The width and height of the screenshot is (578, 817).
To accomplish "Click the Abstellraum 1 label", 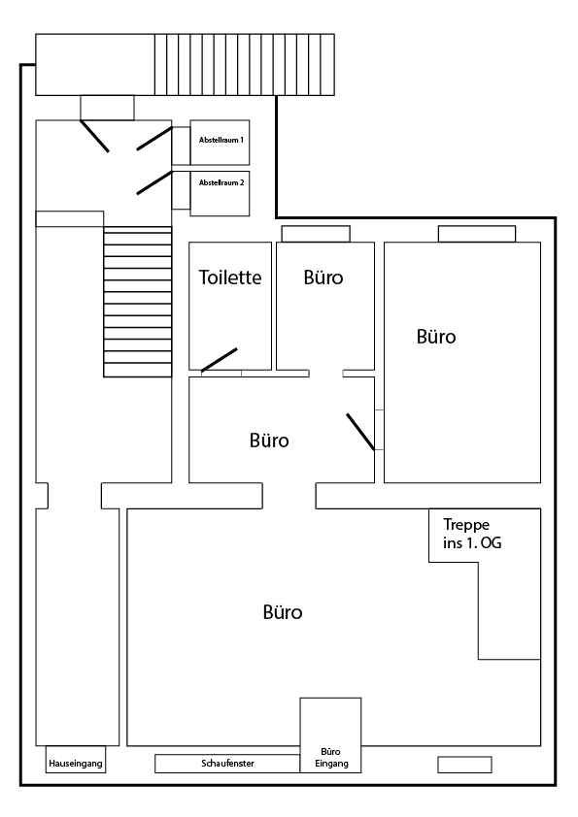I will tap(221, 141).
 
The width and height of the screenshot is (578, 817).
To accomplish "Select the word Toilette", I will tap(230, 278).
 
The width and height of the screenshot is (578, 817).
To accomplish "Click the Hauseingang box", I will tap(75, 764).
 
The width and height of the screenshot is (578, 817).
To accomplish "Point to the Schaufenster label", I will tap(227, 764).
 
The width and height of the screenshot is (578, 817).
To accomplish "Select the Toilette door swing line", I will tap(220, 359).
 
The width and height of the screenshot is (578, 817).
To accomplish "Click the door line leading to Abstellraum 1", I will tap(154, 139).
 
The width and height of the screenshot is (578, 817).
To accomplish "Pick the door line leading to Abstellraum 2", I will tap(154, 181).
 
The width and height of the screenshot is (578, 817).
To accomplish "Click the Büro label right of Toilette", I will tap(323, 278).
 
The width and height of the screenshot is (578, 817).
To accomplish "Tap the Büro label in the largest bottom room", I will tap(283, 613).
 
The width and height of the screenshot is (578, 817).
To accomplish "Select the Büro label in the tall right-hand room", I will tap(436, 338).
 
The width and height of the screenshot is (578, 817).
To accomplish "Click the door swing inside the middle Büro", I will tap(360, 432).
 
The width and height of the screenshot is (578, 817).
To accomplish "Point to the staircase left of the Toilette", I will tap(137, 302).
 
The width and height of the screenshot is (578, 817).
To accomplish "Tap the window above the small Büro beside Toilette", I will tap(316, 233).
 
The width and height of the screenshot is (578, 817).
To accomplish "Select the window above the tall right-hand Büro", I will tap(476, 233).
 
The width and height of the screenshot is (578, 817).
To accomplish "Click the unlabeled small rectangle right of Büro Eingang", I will tap(464, 765).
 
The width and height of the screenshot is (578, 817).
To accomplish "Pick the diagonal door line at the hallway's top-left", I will tap(94, 136).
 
